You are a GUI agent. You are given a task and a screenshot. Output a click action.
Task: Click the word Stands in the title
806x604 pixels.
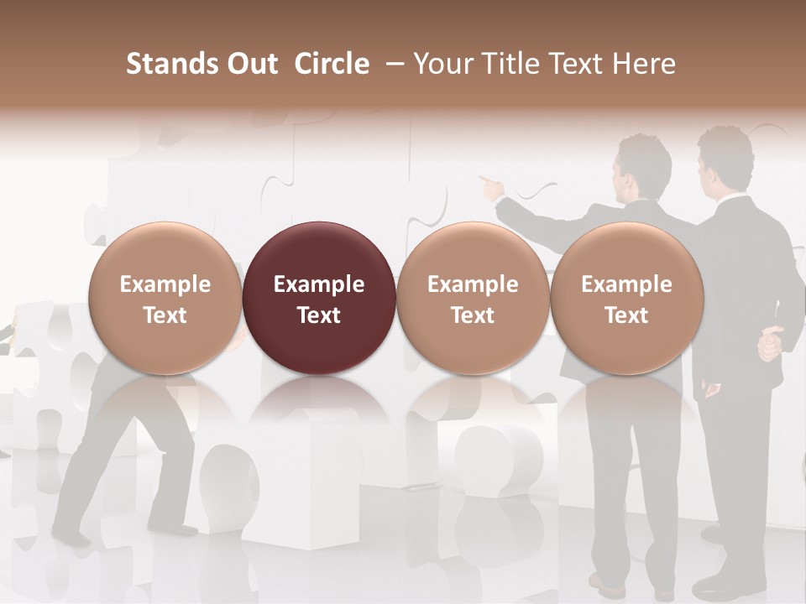tap(171, 64)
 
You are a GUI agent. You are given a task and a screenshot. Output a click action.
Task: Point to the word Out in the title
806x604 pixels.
tap(253, 64)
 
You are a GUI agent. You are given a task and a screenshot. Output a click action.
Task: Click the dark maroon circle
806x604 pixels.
tap(318, 298)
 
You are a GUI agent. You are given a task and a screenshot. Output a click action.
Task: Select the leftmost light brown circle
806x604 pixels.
tap(165, 298)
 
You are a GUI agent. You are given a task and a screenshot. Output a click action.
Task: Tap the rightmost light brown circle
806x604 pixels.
tap(626, 298)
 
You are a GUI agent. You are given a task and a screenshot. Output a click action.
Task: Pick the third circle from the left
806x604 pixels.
tap(473, 298)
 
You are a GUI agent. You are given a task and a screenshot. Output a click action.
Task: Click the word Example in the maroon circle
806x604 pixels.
tap(319, 284)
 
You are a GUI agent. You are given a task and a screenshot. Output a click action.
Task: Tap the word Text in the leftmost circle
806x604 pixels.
tap(165, 315)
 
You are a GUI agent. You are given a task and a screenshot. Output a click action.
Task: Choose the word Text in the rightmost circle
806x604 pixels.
tap(626, 315)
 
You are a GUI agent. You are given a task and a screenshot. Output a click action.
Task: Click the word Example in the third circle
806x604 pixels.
tap(473, 284)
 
